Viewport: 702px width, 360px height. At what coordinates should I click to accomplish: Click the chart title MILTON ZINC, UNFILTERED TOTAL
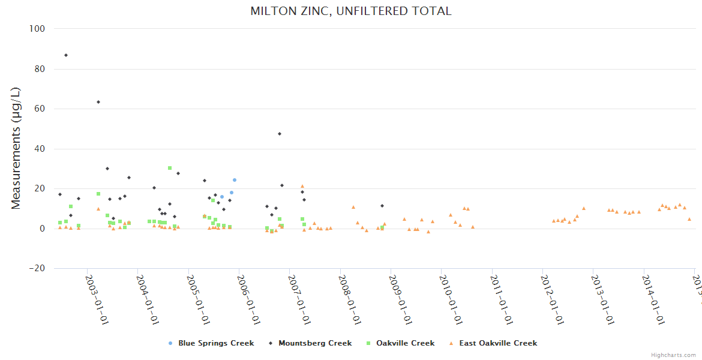[x=351, y=11]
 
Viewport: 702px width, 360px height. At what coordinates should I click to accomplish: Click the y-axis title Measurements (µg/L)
[x=16, y=148]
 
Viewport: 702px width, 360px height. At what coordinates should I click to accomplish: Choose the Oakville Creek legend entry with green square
[x=405, y=343]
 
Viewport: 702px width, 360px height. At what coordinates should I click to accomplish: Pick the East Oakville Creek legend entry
[x=498, y=343]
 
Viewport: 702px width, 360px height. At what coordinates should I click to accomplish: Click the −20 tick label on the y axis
[x=38, y=268]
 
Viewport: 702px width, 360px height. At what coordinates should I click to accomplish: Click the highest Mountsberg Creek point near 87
[x=66, y=55]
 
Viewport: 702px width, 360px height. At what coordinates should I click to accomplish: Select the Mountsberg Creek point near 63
[x=98, y=102]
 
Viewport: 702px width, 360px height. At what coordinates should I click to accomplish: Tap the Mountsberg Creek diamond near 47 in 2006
[x=280, y=134]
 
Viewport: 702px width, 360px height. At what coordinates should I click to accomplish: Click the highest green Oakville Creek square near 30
[x=170, y=168]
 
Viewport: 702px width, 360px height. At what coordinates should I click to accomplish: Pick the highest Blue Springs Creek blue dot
[x=235, y=180]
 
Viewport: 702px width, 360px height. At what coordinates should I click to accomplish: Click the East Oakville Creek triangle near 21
[x=302, y=187]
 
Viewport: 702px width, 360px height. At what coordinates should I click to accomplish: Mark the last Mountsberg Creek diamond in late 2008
[x=382, y=206]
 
